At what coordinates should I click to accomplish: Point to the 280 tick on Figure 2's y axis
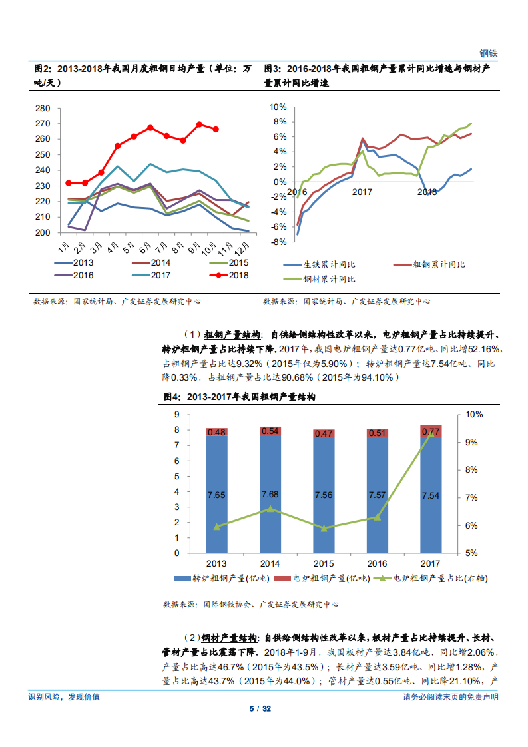pyautogui.click(x=43, y=108)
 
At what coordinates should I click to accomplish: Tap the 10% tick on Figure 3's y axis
pyautogui.click(x=278, y=107)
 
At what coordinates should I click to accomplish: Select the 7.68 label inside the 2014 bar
pyautogui.click(x=270, y=494)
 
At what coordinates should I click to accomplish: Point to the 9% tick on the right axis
pyautogui.click(x=473, y=442)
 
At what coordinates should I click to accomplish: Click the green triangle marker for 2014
pyautogui.click(x=270, y=509)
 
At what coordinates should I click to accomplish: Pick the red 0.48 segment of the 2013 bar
pyautogui.click(x=216, y=432)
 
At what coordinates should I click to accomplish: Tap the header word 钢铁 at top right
pyautogui.click(x=489, y=53)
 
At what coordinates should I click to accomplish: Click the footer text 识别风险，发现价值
pyautogui.click(x=64, y=697)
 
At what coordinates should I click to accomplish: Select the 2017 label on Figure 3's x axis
pyautogui.click(x=362, y=192)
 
